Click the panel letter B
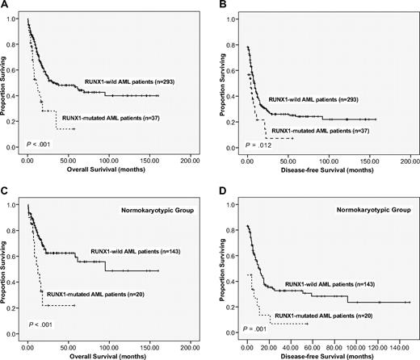click(220, 6)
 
